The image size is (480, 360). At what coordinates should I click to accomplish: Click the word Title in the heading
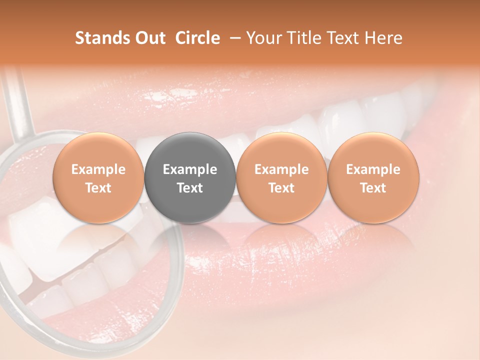click(304, 38)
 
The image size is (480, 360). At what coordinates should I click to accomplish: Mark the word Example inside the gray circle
click(190, 169)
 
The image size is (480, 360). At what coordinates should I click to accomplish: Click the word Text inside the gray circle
click(190, 188)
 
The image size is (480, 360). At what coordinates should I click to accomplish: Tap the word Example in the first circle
click(98, 169)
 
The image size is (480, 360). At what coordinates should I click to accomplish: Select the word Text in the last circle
click(373, 188)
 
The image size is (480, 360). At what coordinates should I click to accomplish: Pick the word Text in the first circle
click(98, 188)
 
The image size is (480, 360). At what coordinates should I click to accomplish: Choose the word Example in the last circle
click(373, 169)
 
